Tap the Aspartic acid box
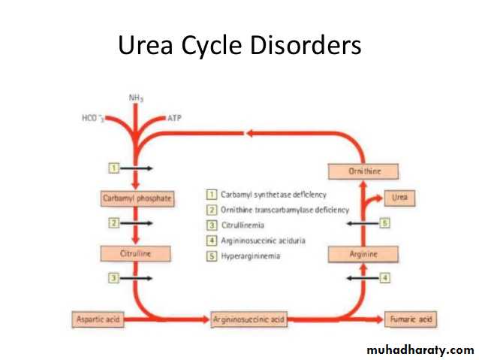97,319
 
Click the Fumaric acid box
410,319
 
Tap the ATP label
173,118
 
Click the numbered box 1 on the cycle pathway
113,168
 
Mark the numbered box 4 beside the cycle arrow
385,278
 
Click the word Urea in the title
143,47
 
